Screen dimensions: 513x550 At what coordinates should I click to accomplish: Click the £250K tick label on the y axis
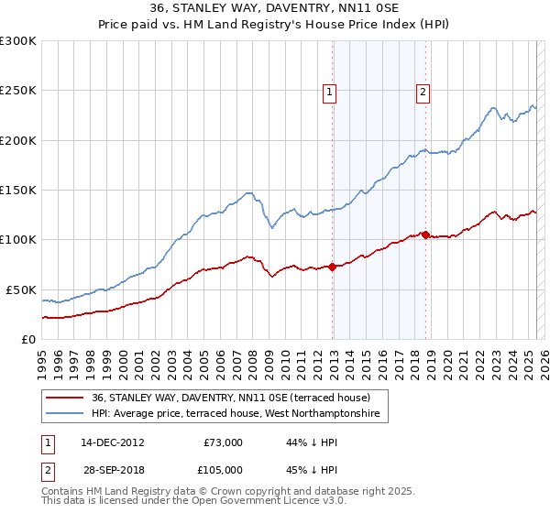click(x=18, y=91)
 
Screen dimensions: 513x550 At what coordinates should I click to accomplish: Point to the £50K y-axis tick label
click(x=21, y=289)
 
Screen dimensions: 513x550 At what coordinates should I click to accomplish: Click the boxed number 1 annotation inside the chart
click(x=328, y=91)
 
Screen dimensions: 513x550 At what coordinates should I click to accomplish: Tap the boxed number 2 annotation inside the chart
click(x=423, y=91)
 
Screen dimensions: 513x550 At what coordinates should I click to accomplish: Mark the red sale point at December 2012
click(x=333, y=267)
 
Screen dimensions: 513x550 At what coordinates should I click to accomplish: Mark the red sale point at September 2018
click(x=426, y=235)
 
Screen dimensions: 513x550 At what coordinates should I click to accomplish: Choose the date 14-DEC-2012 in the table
click(x=113, y=442)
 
